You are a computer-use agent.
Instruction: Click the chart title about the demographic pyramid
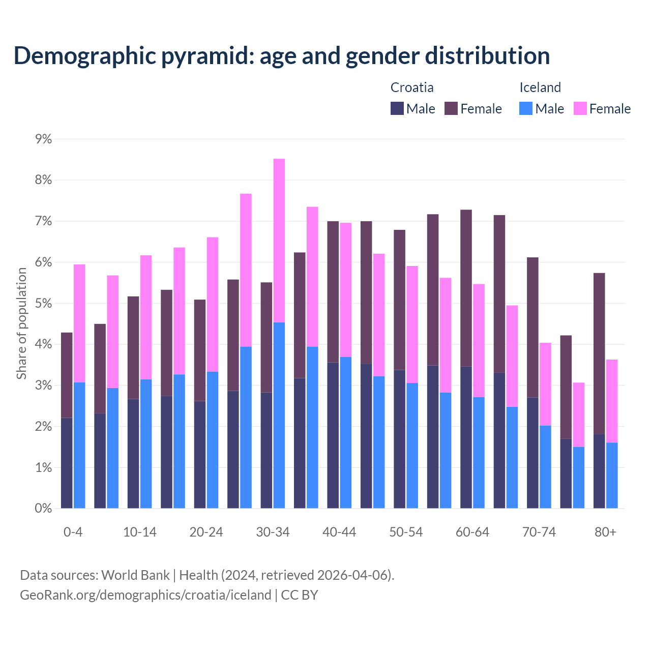[281, 55]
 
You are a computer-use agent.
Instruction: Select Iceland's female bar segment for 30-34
[279, 241]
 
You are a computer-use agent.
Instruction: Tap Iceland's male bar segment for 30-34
[279, 415]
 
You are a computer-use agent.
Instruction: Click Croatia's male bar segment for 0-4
[67, 463]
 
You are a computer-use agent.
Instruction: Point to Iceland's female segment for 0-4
[79, 323]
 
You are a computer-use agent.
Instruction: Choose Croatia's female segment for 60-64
[466, 288]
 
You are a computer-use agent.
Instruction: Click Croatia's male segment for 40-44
[333, 435]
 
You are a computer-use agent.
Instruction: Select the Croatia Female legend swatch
[451, 108]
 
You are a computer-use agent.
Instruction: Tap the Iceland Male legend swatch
[526, 108]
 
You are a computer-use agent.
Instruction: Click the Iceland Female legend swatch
[580, 108]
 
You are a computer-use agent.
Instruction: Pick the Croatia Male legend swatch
[397, 108]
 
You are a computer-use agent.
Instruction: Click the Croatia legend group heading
[412, 87]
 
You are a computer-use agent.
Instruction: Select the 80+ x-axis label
[605, 532]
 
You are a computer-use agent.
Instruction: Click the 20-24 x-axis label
[206, 532]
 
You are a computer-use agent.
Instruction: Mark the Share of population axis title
[21, 323]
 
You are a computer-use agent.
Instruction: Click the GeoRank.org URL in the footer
[145, 595]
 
